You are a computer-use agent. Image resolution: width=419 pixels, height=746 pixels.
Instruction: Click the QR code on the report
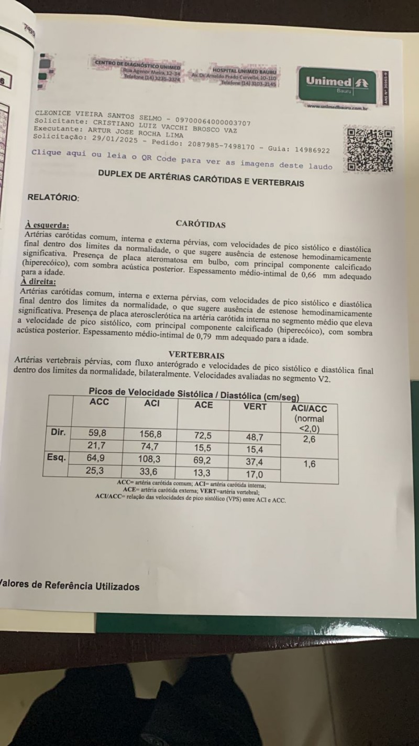[x=370, y=149]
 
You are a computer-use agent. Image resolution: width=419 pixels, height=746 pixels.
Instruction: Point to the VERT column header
[x=255, y=407]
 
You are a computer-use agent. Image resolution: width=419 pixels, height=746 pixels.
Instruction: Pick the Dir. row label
[x=58, y=433]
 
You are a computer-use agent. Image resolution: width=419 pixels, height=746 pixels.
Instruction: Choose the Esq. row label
[x=57, y=457]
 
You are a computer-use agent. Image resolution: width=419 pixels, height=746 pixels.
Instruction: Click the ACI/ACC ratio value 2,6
[x=309, y=440]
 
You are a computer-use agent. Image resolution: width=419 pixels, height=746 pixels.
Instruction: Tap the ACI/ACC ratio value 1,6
[x=310, y=464]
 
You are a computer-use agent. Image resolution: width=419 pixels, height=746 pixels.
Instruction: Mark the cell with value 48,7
[x=254, y=437]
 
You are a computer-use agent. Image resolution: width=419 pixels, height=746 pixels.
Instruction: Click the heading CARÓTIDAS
[x=201, y=225]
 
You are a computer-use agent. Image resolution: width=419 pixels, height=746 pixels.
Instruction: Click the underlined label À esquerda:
[x=47, y=225]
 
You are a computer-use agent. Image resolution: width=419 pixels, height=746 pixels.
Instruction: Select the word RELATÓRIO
[x=53, y=198]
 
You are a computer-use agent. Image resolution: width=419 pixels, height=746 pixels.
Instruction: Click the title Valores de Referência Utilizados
[x=70, y=586]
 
